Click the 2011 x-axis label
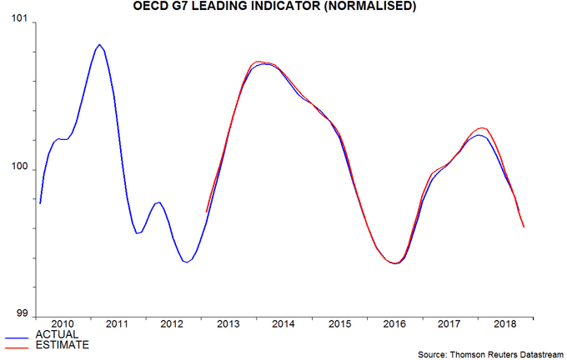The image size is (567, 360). coord(118,323)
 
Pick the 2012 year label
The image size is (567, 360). coord(172,323)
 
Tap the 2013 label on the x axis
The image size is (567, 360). coord(227,323)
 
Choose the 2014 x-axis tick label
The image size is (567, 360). coord(282,323)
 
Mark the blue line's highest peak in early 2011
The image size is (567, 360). coord(99,44)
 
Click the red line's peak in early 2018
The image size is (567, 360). coord(482,127)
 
